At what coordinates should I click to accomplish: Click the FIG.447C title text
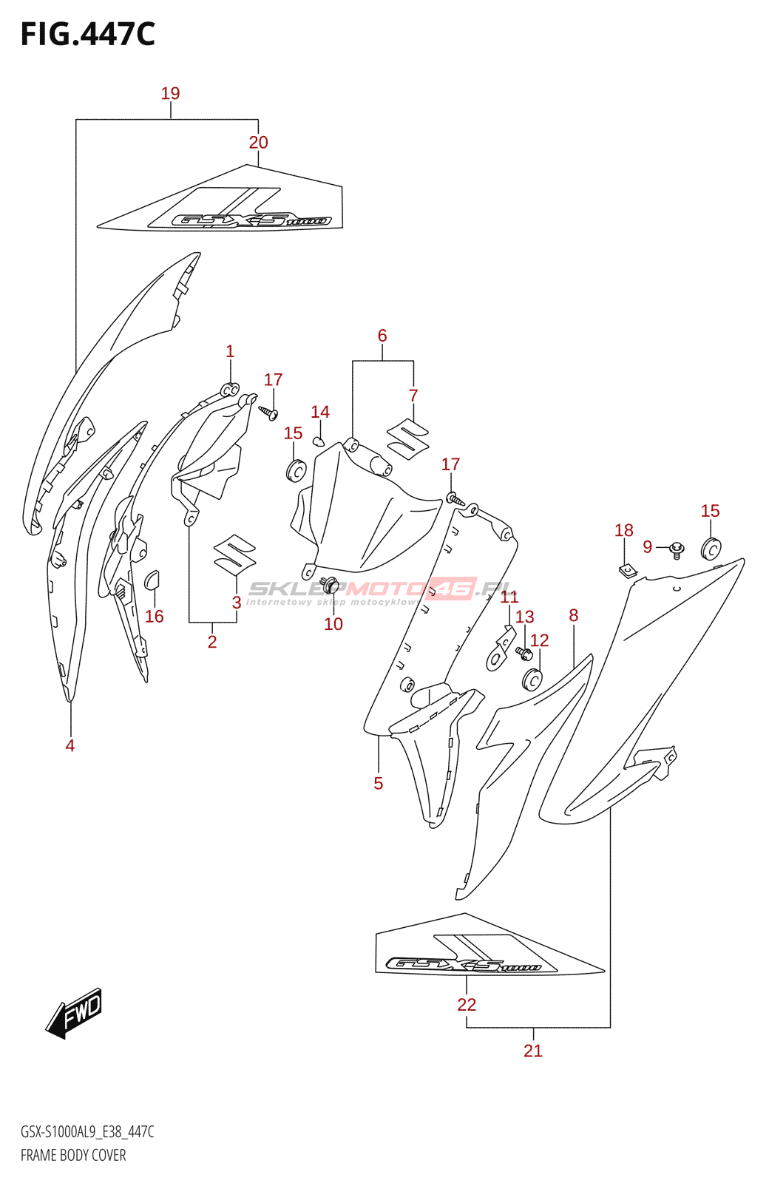(88, 35)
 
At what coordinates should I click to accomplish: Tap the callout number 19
(170, 93)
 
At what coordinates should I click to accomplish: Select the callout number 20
(258, 142)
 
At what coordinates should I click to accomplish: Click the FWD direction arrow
(74, 1013)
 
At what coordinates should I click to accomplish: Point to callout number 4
(70, 745)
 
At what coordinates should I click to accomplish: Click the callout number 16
(154, 616)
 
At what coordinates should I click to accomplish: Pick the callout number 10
(333, 624)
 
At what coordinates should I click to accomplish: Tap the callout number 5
(379, 783)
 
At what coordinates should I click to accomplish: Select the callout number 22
(467, 1004)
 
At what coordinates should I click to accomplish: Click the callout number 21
(533, 1050)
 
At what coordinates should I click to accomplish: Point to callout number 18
(624, 530)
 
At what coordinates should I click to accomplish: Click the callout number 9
(648, 546)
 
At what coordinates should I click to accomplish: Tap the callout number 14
(320, 412)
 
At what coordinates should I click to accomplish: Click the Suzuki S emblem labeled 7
(408, 438)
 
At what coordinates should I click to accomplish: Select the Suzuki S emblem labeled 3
(234, 554)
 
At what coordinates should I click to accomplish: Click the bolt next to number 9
(677, 549)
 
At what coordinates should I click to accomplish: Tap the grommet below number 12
(532, 679)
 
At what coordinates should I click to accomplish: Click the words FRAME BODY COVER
(73, 1155)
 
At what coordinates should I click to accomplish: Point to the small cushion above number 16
(152, 580)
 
